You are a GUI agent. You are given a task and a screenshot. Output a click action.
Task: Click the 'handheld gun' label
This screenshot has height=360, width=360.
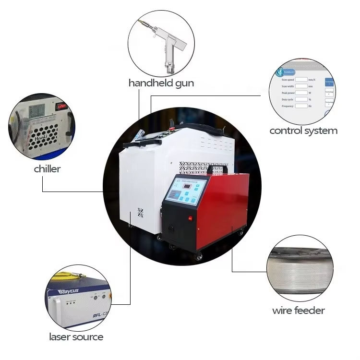(x=161, y=83)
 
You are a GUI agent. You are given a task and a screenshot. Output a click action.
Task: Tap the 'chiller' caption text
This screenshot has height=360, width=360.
(x=47, y=169)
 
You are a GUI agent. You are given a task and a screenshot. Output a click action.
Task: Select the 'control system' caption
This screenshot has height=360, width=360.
(x=303, y=131)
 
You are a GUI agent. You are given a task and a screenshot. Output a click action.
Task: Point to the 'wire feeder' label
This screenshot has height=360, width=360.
(x=298, y=311)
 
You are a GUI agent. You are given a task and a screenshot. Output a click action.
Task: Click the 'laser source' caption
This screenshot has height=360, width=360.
(x=76, y=337)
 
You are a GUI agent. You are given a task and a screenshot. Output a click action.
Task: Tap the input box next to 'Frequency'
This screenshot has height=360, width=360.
(x=301, y=106)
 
